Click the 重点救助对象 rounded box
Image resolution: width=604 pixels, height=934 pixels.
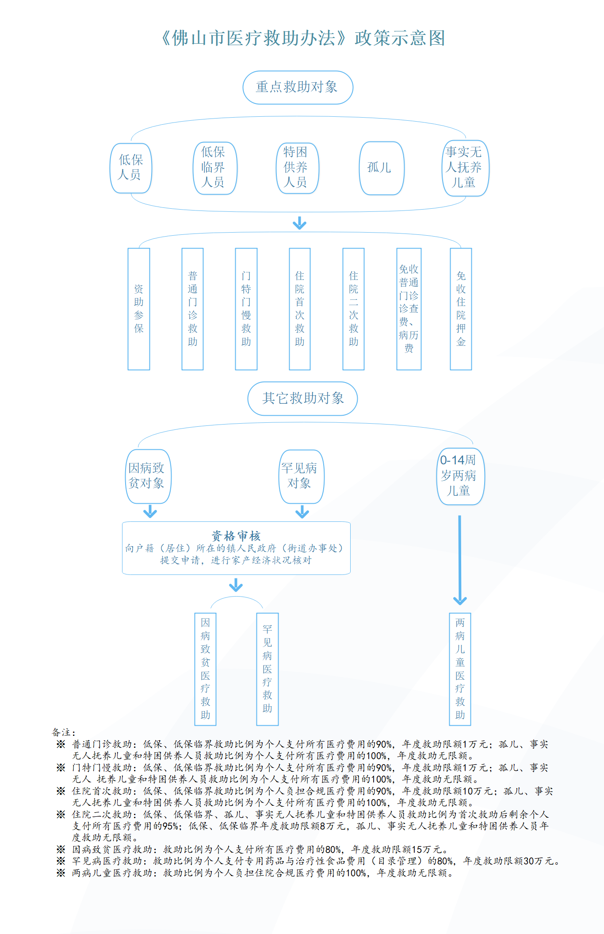coord(298,88)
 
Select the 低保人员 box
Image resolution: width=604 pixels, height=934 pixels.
coord(131,168)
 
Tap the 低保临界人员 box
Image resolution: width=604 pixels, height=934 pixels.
coord(215,168)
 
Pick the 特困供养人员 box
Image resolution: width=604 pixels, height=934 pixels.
coord(298,168)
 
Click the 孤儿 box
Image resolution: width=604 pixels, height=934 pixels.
coord(382,168)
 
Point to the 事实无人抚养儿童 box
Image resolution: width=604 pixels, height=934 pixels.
coord(465,168)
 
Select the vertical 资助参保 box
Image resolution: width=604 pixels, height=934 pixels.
coord(139,309)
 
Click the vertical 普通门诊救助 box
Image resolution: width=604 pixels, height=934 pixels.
coord(192,309)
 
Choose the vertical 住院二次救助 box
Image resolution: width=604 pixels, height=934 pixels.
coord(353,309)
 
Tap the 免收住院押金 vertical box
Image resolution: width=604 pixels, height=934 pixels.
coord(461,309)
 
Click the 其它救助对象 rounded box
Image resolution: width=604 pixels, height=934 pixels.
coord(302,398)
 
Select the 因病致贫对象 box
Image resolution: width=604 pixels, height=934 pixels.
coord(148,476)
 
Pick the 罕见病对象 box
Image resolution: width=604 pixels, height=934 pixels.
coord(302,476)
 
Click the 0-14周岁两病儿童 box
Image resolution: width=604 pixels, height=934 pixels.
coord(461,476)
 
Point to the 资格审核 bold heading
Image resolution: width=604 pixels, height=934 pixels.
coord(236,536)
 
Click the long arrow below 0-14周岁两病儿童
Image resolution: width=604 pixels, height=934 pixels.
coord(460,560)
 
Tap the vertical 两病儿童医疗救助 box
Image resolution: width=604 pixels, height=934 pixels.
coord(460,669)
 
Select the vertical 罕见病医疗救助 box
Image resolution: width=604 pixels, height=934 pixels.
coord(268,669)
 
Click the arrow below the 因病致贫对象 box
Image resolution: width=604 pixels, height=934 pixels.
coord(150,512)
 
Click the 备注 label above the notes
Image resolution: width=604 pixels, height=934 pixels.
coord(64,732)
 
